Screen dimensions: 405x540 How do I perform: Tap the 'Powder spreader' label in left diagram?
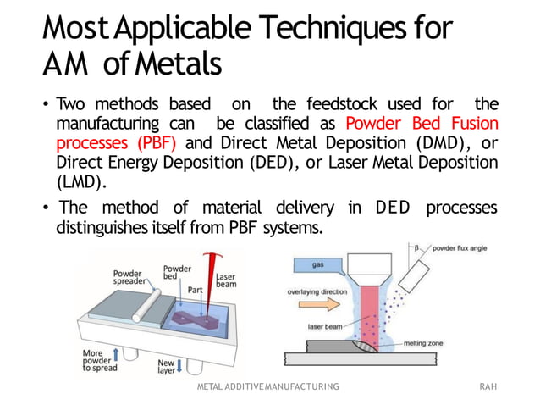pyautogui.click(x=129, y=279)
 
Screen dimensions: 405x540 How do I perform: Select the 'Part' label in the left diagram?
pyautogui.click(x=195, y=290)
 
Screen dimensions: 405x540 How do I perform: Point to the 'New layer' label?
pyautogui.click(x=166, y=366)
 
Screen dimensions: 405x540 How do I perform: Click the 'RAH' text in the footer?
pyautogui.click(x=488, y=386)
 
